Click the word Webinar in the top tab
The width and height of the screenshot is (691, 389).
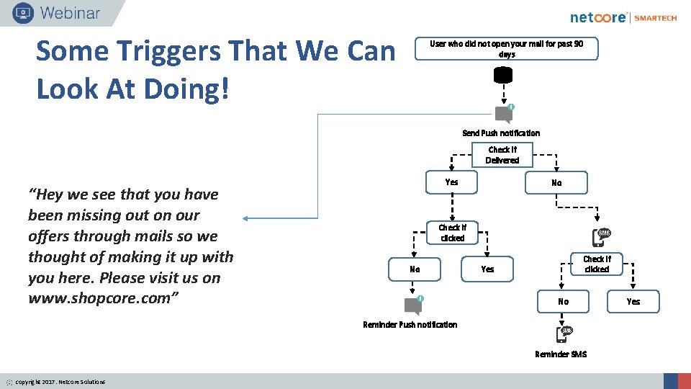pos(71,12)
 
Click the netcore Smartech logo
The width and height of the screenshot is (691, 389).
pos(623,17)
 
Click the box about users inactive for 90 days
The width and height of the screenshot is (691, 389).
pos(506,49)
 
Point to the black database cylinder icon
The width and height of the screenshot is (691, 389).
pos(503,75)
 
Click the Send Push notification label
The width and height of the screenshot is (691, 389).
pos(501,133)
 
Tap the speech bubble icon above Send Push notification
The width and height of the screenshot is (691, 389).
pos(505,115)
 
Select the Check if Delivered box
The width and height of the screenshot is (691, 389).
pos(502,155)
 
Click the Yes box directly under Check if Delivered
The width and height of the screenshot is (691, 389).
pos(451,182)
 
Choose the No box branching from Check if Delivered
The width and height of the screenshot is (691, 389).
pos(556,183)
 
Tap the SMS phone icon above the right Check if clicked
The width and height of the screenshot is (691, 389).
pos(603,236)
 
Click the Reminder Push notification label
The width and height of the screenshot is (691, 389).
pos(410,325)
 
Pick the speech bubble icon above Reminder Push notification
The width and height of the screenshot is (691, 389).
pos(413,305)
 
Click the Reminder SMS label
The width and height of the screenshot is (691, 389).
pos(561,354)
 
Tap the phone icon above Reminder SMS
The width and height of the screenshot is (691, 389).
pos(564,334)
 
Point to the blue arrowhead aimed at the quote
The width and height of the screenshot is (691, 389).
pos(245,218)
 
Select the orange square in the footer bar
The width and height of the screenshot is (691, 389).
pos(684,381)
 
